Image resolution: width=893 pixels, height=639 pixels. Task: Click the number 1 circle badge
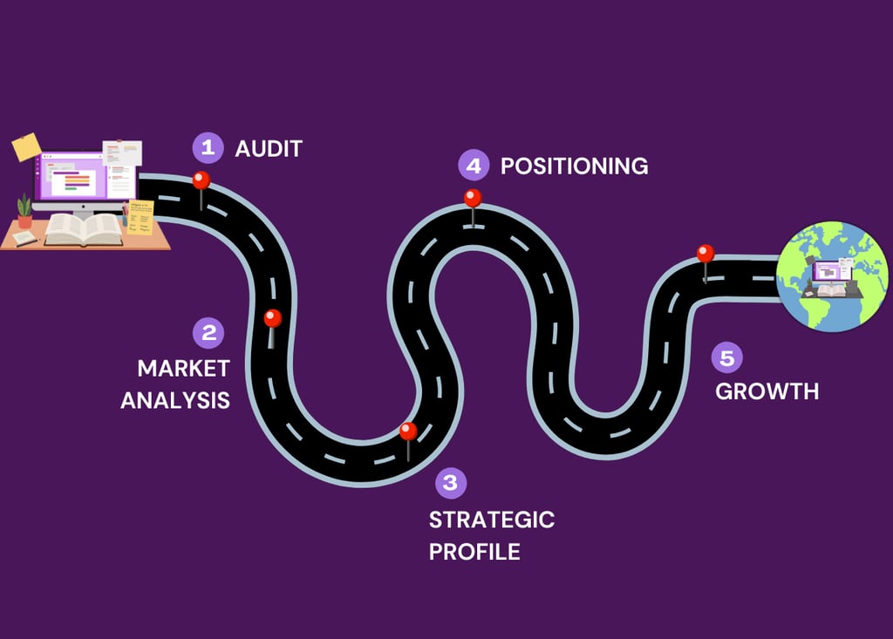(x=208, y=148)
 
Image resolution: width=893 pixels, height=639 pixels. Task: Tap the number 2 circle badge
(x=208, y=333)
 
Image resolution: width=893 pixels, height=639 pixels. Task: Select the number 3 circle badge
(x=451, y=483)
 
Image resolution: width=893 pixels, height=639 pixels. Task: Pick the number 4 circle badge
(x=474, y=165)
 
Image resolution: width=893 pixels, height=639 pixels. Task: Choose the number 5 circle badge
(x=727, y=357)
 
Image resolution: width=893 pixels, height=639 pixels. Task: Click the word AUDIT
(x=269, y=149)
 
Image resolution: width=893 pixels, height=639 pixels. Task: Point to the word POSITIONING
(x=574, y=167)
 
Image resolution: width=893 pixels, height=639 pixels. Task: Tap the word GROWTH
(x=767, y=391)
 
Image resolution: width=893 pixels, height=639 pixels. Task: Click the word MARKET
(x=184, y=369)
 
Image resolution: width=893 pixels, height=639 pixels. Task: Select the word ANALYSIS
(x=175, y=400)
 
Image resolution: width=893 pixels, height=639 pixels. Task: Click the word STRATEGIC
(x=492, y=520)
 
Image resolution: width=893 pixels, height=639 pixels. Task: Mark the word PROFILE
(x=475, y=551)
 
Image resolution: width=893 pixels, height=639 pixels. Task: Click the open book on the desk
(x=84, y=229)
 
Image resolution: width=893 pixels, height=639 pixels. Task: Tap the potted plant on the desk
(x=24, y=211)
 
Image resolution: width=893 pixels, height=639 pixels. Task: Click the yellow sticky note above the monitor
(x=27, y=147)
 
